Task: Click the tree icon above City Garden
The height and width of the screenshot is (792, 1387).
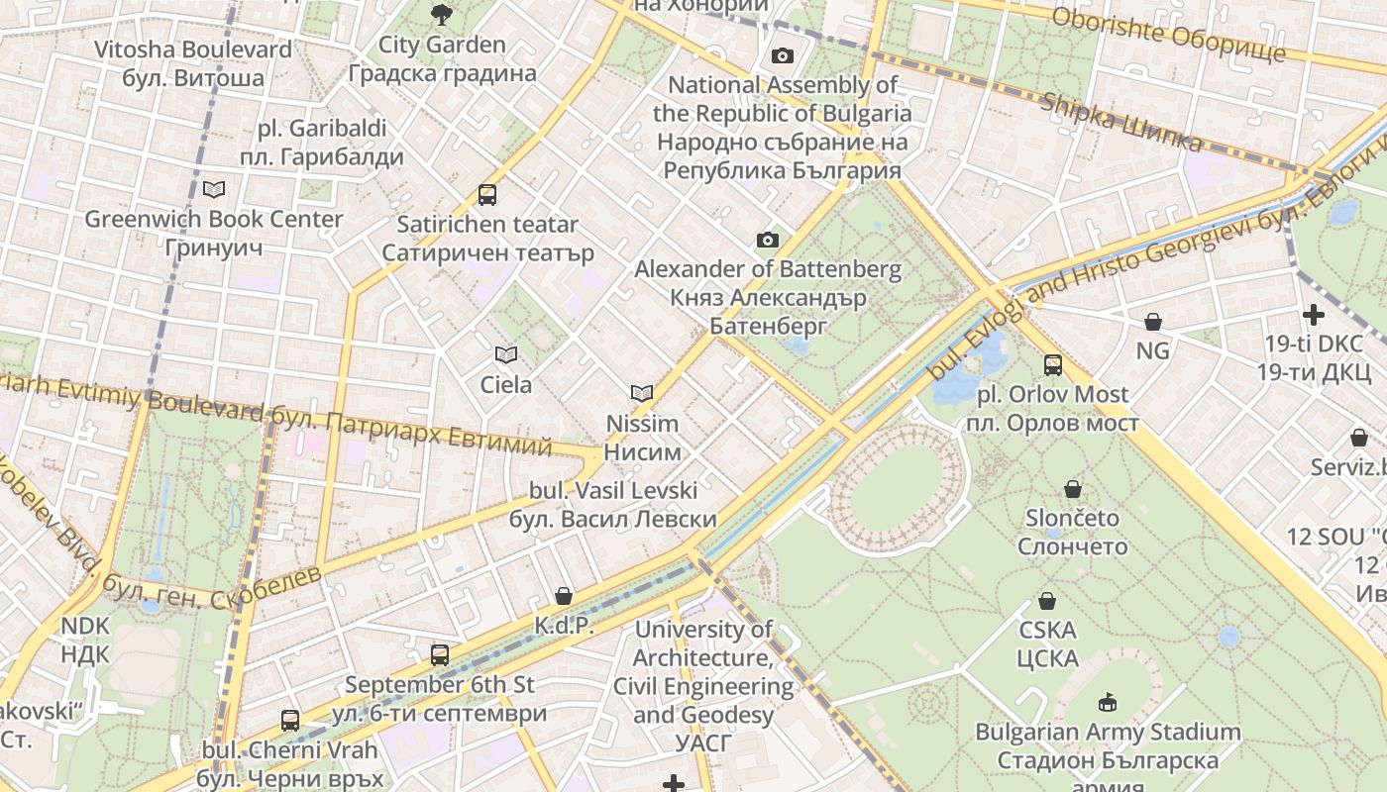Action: coord(441,14)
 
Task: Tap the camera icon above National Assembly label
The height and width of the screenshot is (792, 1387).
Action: coord(783,55)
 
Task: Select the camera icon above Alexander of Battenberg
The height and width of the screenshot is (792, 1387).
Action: coord(767,240)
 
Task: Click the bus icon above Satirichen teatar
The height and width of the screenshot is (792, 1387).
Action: coord(486,195)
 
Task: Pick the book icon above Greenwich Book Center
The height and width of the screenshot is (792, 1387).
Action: coord(214,189)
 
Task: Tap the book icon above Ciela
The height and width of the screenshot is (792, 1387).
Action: coord(505,354)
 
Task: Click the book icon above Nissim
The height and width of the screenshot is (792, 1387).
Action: coord(642,393)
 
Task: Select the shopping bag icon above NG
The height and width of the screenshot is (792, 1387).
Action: coord(1152,322)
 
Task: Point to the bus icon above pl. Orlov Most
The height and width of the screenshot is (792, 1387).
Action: coord(1052,365)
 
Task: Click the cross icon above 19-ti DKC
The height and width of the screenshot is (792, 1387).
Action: coord(1314,316)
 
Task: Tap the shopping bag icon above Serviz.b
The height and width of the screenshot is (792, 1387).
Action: coord(1358,438)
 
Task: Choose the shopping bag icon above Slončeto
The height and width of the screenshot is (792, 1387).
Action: coord(1072,489)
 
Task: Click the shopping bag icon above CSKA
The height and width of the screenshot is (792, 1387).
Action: coord(1046,601)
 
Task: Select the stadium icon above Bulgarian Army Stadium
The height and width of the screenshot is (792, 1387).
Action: coord(1107,703)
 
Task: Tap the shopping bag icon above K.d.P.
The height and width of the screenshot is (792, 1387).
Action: coord(563,596)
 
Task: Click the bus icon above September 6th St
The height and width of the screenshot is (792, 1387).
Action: coord(439,654)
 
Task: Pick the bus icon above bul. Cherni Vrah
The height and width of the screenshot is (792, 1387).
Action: coord(289,721)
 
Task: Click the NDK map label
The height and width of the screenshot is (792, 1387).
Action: coord(85,640)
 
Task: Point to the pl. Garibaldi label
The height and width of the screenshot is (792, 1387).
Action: coord(321,143)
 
